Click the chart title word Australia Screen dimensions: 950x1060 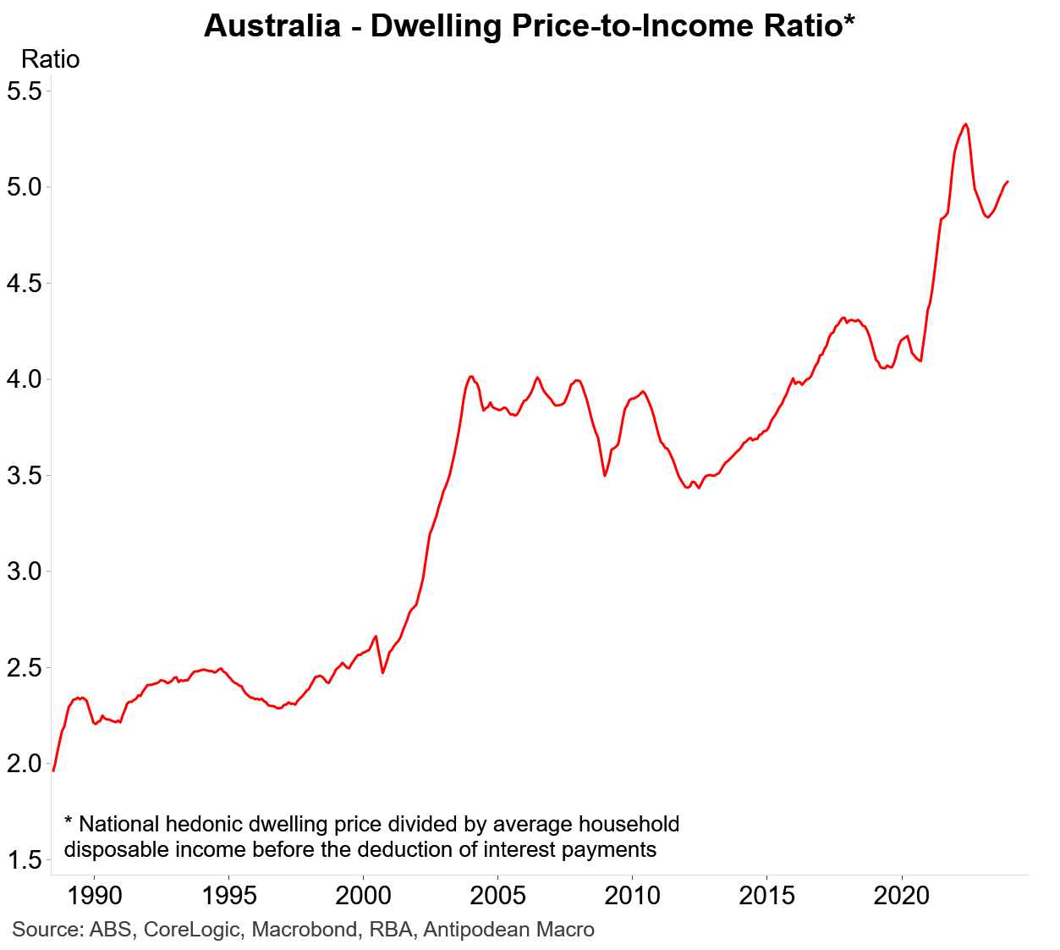[x=272, y=25]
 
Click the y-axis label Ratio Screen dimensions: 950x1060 [x=50, y=59]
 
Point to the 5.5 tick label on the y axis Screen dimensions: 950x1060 [x=25, y=91]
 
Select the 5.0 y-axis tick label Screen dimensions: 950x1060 [x=25, y=186]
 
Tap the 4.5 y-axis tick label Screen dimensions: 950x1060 [x=25, y=283]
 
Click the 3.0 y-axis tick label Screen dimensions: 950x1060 [x=25, y=572]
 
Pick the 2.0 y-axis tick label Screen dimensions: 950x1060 [x=25, y=764]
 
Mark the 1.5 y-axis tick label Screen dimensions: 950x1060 [x=25, y=860]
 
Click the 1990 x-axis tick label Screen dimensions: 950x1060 [x=94, y=896]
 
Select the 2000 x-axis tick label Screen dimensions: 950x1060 [x=363, y=896]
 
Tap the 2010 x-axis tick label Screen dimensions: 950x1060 [x=632, y=896]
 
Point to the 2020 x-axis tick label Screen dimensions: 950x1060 [x=902, y=896]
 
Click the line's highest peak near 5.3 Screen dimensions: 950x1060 [x=965, y=124]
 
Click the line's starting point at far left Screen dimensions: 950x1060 [x=53, y=770]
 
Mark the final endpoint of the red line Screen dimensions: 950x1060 [x=1008, y=182]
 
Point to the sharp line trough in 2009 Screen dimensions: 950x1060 [x=605, y=476]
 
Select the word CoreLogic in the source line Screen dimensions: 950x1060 [x=191, y=930]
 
